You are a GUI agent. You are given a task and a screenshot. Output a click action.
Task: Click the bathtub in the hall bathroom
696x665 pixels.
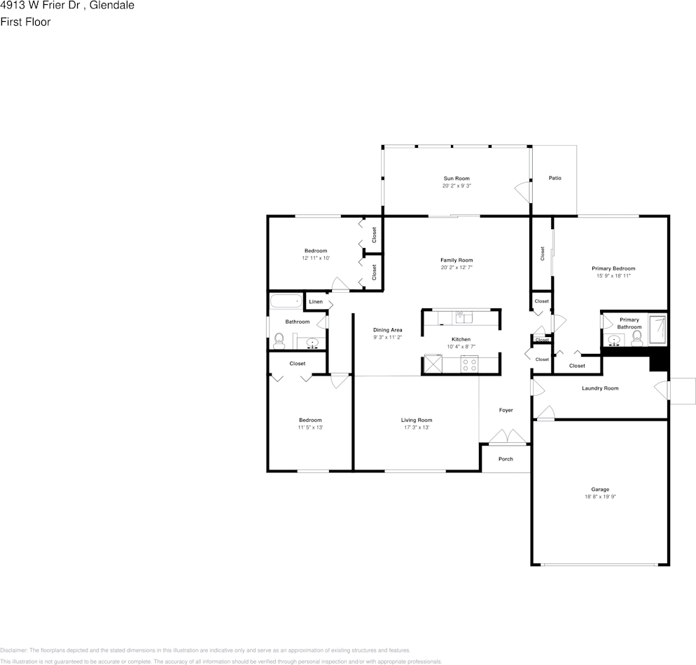coord(285,302)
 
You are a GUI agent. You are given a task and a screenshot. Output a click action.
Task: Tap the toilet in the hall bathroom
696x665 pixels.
coord(279,341)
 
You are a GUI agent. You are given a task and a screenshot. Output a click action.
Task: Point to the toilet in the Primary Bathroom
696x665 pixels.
coord(636,340)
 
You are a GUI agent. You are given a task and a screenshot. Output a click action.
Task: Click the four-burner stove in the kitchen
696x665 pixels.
coord(469,364)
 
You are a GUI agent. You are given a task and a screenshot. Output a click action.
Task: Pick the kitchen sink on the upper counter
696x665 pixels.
coord(464,317)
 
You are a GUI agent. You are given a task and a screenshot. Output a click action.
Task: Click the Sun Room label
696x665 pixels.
coord(456,179)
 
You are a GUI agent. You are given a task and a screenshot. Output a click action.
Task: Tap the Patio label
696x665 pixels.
coord(555,178)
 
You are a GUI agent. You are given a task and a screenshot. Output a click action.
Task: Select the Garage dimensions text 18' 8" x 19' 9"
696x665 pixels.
coord(600,497)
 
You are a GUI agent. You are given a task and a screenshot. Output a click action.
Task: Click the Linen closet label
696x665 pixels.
coord(316,301)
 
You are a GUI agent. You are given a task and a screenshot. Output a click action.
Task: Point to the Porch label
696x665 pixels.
coord(506,459)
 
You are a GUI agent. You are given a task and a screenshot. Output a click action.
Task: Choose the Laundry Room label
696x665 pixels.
coord(600,388)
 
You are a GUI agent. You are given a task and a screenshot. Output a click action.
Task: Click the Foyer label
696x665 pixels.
coord(506,410)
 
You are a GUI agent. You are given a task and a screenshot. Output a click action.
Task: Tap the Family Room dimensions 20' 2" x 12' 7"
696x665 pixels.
coord(457,268)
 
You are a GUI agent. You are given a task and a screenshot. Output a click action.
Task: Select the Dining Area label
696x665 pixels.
coord(387,329)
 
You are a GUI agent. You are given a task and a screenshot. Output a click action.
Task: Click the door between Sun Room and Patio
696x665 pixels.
coord(522,191)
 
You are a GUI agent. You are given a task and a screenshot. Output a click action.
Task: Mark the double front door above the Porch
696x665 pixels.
coord(507,437)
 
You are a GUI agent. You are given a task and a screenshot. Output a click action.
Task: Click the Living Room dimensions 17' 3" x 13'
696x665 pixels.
coord(416,427)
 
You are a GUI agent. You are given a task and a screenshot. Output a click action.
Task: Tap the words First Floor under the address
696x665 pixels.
coord(25,22)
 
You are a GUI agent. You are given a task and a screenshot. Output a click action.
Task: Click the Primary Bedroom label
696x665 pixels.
coord(613,268)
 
